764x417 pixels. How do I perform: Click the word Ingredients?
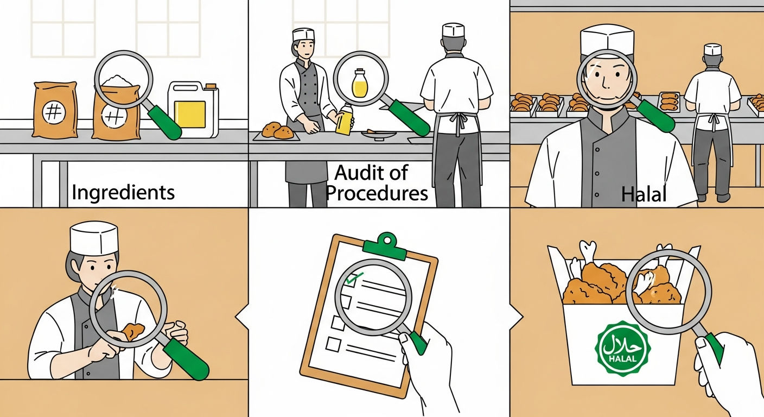tap(123, 193)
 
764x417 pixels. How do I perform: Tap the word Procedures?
tap(377, 194)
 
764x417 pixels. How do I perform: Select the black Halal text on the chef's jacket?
tap(644, 194)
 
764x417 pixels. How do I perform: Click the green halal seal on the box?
tap(622, 349)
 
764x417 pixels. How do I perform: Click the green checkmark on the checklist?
tap(354, 278)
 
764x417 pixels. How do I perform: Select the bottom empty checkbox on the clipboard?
tap(333, 344)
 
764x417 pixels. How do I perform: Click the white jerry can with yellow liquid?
tap(193, 109)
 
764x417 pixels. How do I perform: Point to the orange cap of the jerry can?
tap(211, 86)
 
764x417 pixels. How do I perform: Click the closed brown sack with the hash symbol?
tap(55, 110)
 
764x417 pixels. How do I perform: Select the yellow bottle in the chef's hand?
tap(344, 119)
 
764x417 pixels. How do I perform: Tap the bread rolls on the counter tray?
tap(278, 131)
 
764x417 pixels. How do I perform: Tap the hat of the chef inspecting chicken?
tap(94, 238)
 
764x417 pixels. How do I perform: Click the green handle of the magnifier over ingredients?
tap(164, 122)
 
